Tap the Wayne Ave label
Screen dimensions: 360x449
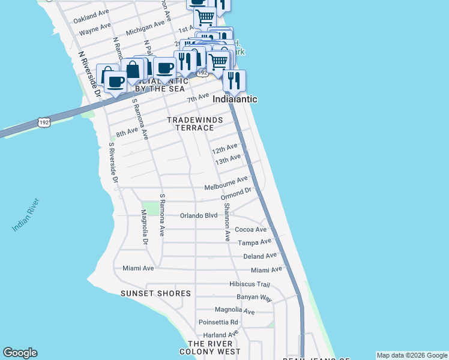(95, 28)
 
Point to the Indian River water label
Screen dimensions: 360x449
(26, 215)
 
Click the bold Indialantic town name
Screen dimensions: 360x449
(237, 99)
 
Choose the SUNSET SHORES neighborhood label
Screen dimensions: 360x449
(155, 293)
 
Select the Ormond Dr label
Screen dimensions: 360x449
(235, 194)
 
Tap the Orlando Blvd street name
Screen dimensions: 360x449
(199, 215)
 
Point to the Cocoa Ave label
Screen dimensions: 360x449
(250, 229)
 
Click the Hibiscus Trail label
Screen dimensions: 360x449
(250, 284)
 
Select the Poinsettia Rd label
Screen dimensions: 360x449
(218, 322)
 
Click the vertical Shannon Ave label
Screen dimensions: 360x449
(227, 222)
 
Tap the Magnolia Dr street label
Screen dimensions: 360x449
(144, 227)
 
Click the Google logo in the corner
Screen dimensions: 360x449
(20, 353)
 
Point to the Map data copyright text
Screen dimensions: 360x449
(411, 355)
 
